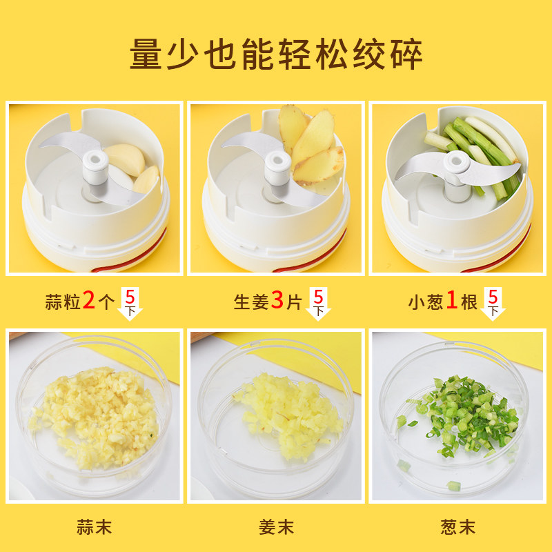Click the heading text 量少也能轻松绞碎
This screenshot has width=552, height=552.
point(276,55)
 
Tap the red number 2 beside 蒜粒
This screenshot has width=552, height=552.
point(89,300)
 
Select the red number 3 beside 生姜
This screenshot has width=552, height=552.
point(277,300)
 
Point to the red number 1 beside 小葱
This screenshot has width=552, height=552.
point(451,300)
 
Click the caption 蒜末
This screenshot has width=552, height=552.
point(95,527)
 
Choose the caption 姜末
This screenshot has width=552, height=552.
point(276,527)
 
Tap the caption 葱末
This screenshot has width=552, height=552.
point(457,527)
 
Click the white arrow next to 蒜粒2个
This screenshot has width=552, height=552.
point(130,304)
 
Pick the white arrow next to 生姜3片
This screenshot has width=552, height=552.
point(318,304)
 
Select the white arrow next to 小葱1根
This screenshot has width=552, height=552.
point(493,304)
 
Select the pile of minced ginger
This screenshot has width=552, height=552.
point(288,415)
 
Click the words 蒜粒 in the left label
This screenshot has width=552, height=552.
point(63,302)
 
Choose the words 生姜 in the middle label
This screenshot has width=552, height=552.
point(251,302)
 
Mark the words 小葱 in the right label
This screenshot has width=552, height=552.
point(426,302)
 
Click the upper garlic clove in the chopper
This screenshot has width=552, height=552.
point(126,159)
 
